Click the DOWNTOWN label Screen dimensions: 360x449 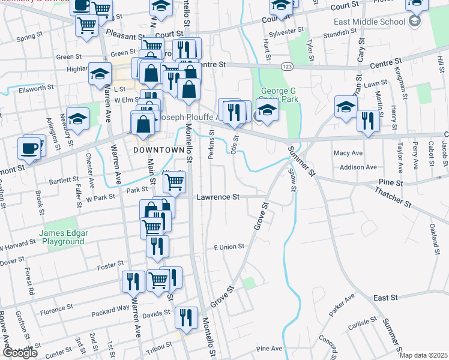(158, 149)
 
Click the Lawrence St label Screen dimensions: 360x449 (218, 197)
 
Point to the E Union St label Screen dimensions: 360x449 (229, 247)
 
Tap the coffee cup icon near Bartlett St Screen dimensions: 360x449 (29, 148)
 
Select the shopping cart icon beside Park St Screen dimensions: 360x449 (173, 181)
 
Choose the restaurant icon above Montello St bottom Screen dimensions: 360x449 (187, 317)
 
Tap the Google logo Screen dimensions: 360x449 (20, 353)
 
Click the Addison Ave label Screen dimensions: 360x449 (358, 167)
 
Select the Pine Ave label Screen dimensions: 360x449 (268, 349)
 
